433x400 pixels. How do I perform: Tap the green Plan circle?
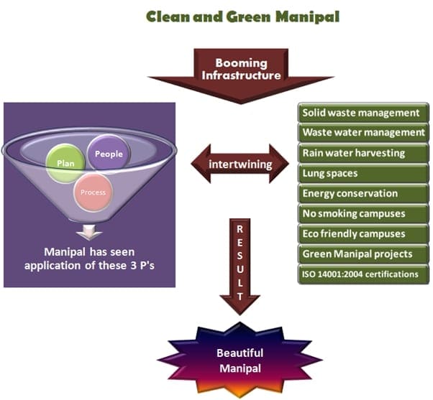pyautogui.click(x=65, y=162)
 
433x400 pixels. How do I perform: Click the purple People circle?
pyautogui.click(x=109, y=153)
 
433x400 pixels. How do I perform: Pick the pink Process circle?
pyautogui.click(x=93, y=192)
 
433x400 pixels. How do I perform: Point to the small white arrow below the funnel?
pyautogui.click(x=89, y=232)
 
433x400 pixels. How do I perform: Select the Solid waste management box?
pyautogui.click(x=363, y=113)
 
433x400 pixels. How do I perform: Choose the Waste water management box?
pyautogui.click(x=363, y=133)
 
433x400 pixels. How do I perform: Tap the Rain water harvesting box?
pyautogui.click(x=363, y=153)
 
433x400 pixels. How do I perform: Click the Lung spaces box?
pyautogui.click(x=363, y=173)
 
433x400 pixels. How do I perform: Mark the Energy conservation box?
pyautogui.click(x=363, y=193)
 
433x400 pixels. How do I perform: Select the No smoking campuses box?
pyautogui.click(x=363, y=213)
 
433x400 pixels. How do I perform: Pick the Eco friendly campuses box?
pyautogui.click(x=363, y=233)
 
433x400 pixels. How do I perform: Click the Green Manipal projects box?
pyautogui.click(x=363, y=254)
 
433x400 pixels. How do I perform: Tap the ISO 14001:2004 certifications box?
pyautogui.click(x=363, y=274)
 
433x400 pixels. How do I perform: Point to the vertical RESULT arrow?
pyautogui.click(x=240, y=266)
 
